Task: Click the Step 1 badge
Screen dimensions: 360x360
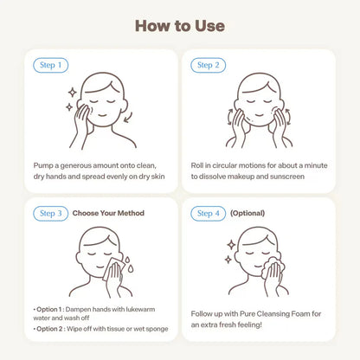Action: tap(51, 65)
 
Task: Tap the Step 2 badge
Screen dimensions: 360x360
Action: tap(208, 65)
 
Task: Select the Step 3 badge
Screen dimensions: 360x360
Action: tap(51, 214)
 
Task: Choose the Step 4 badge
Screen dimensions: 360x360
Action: tap(208, 214)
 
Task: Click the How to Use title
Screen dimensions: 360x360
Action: tap(180, 26)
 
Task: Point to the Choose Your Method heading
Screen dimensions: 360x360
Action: tap(108, 213)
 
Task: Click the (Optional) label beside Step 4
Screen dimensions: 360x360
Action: tap(247, 213)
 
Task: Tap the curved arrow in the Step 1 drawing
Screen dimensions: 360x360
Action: tap(128, 118)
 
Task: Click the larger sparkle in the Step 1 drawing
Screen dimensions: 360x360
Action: tap(73, 93)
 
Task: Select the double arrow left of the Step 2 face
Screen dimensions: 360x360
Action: tap(229, 116)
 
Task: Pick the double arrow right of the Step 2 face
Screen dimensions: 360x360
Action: tap(288, 116)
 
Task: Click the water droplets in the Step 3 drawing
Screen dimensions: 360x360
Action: tap(129, 263)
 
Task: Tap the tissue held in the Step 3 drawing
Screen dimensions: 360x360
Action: tap(113, 269)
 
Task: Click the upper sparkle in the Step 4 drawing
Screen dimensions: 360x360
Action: tap(231, 245)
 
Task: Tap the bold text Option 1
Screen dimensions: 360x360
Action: tap(48, 309)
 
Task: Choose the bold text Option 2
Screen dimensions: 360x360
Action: tap(49, 329)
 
